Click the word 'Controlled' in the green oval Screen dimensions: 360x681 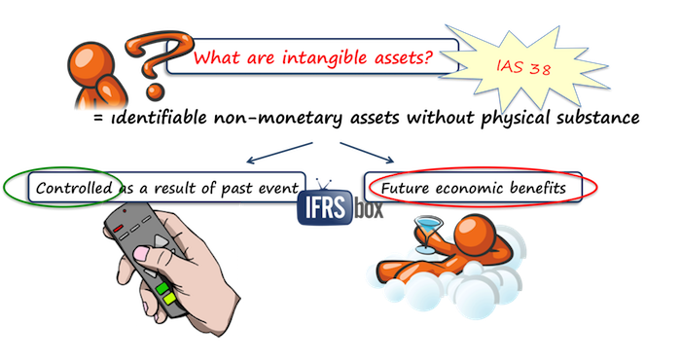pyautogui.click(x=69, y=186)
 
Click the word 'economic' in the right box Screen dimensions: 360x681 pyautogui.click(x=477, y=186)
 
